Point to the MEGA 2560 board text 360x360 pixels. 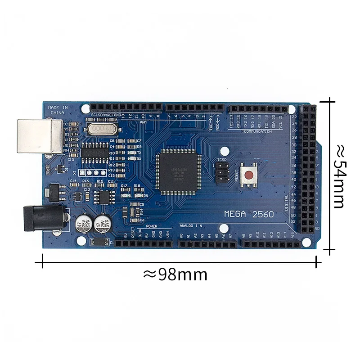coord(249,214)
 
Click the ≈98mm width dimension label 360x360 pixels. coord(175,274)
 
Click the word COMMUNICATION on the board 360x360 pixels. coord(257,131)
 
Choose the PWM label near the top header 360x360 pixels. coord(143,122)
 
